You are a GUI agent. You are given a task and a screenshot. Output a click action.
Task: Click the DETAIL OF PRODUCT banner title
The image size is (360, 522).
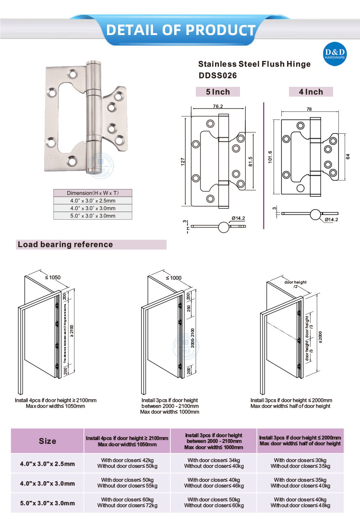[x=180, y=30]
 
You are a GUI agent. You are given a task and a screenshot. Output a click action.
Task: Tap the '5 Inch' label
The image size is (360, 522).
[x=217, y=92]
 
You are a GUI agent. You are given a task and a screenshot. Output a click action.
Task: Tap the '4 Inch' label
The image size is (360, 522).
[x=311, y=92]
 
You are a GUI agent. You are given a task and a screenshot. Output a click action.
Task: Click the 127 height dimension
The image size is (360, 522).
[x=183, y=162]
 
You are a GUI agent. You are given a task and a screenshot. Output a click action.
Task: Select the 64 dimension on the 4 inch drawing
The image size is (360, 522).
[x=348, y=156]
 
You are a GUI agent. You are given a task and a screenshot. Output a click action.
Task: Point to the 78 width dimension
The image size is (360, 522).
[x=309, y=110]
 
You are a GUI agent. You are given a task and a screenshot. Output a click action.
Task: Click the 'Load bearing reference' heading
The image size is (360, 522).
[x=65, y=245]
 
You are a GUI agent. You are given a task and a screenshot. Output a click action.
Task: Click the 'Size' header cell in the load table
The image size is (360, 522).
[x=48, y=441]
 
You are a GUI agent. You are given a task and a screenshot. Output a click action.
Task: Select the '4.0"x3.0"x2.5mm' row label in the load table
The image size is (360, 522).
[x=48, y=463]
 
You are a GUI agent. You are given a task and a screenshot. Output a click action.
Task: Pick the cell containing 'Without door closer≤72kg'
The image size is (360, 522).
[x=127, y=505]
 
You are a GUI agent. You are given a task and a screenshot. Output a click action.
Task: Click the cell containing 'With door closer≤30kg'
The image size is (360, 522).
[x=300, y=460]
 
